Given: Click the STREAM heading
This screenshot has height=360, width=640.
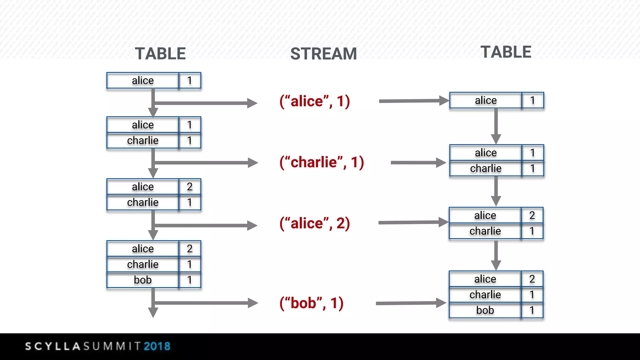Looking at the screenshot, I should [323, 54].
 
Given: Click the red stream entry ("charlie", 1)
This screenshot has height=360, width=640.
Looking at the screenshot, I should [322, 162].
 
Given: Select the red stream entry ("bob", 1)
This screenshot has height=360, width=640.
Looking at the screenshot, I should [312, 303].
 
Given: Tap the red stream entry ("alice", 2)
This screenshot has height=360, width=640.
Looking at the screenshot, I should [315, 223].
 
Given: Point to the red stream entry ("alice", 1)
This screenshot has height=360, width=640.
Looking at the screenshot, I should [315, 101].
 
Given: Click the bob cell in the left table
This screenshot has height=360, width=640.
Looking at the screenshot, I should [143, 280].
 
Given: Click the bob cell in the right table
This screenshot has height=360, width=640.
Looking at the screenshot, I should [485, 310].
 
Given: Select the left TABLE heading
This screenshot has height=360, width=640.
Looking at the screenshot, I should [160, 54].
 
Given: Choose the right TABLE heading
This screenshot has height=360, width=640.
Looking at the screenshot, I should [506, 52].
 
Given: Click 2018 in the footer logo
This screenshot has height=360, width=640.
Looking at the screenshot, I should [157, 346].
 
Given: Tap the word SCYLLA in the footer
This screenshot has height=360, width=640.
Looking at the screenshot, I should [53, 346].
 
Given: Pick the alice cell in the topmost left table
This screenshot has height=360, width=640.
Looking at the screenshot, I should [143, 81].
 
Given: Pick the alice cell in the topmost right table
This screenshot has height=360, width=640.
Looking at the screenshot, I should [486, 100].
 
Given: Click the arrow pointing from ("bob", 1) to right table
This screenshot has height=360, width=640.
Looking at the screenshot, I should [411, 303].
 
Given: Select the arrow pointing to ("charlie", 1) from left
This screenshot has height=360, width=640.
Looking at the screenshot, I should [206, 162].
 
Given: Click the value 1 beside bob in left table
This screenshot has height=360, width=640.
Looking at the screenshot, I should [189, 280].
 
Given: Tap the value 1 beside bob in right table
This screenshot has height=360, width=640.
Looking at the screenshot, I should [532, 310].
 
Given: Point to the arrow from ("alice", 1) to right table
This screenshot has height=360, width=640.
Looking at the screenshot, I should [413, 101].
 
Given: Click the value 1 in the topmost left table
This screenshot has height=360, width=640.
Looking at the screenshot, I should [189, 81].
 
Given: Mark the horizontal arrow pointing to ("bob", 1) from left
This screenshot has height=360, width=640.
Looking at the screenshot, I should [206, 303].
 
